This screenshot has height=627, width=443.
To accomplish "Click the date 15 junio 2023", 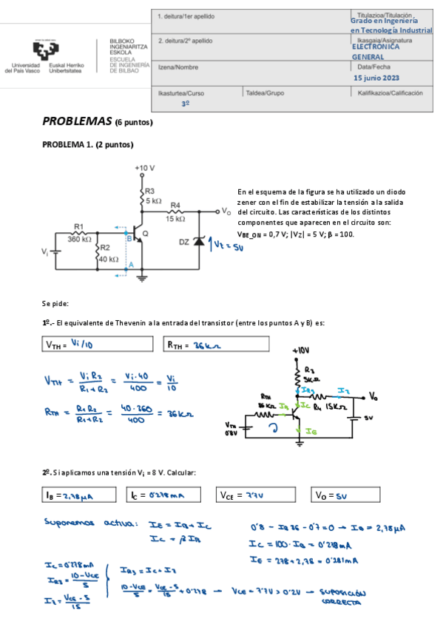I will [x=376, y=78].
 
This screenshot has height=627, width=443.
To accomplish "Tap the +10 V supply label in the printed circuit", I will [x=145, y=168].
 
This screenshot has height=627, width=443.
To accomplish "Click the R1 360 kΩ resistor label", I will [x=80, y=234].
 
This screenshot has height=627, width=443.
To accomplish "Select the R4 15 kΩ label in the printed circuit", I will [x=175, y=211].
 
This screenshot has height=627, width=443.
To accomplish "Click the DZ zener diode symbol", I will [x=197, y=243].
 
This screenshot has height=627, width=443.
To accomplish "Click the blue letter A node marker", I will [x=130, y=265].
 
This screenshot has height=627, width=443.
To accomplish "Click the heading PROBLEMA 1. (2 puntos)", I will [x=88, y=145].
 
